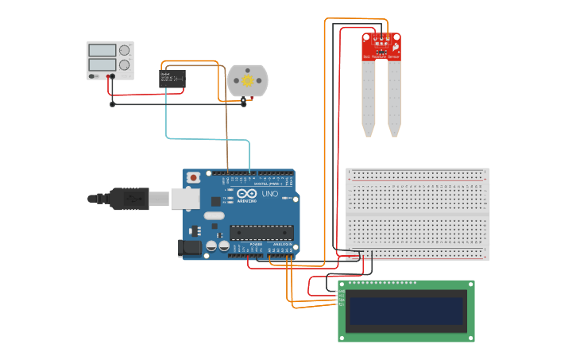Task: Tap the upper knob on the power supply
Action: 125,50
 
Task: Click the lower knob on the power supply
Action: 125,65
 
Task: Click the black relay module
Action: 172,77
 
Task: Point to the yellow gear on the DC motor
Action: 248,80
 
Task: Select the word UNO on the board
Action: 269,194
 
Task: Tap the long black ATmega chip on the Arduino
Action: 261,232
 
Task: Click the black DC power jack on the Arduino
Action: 191,247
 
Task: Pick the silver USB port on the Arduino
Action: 184,199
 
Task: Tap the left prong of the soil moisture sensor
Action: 369,97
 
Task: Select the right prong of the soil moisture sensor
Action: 394,97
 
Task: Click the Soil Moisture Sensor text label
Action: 381,57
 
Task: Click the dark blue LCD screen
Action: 406,311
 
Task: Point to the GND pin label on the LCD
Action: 340,292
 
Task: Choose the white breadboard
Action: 418,213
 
